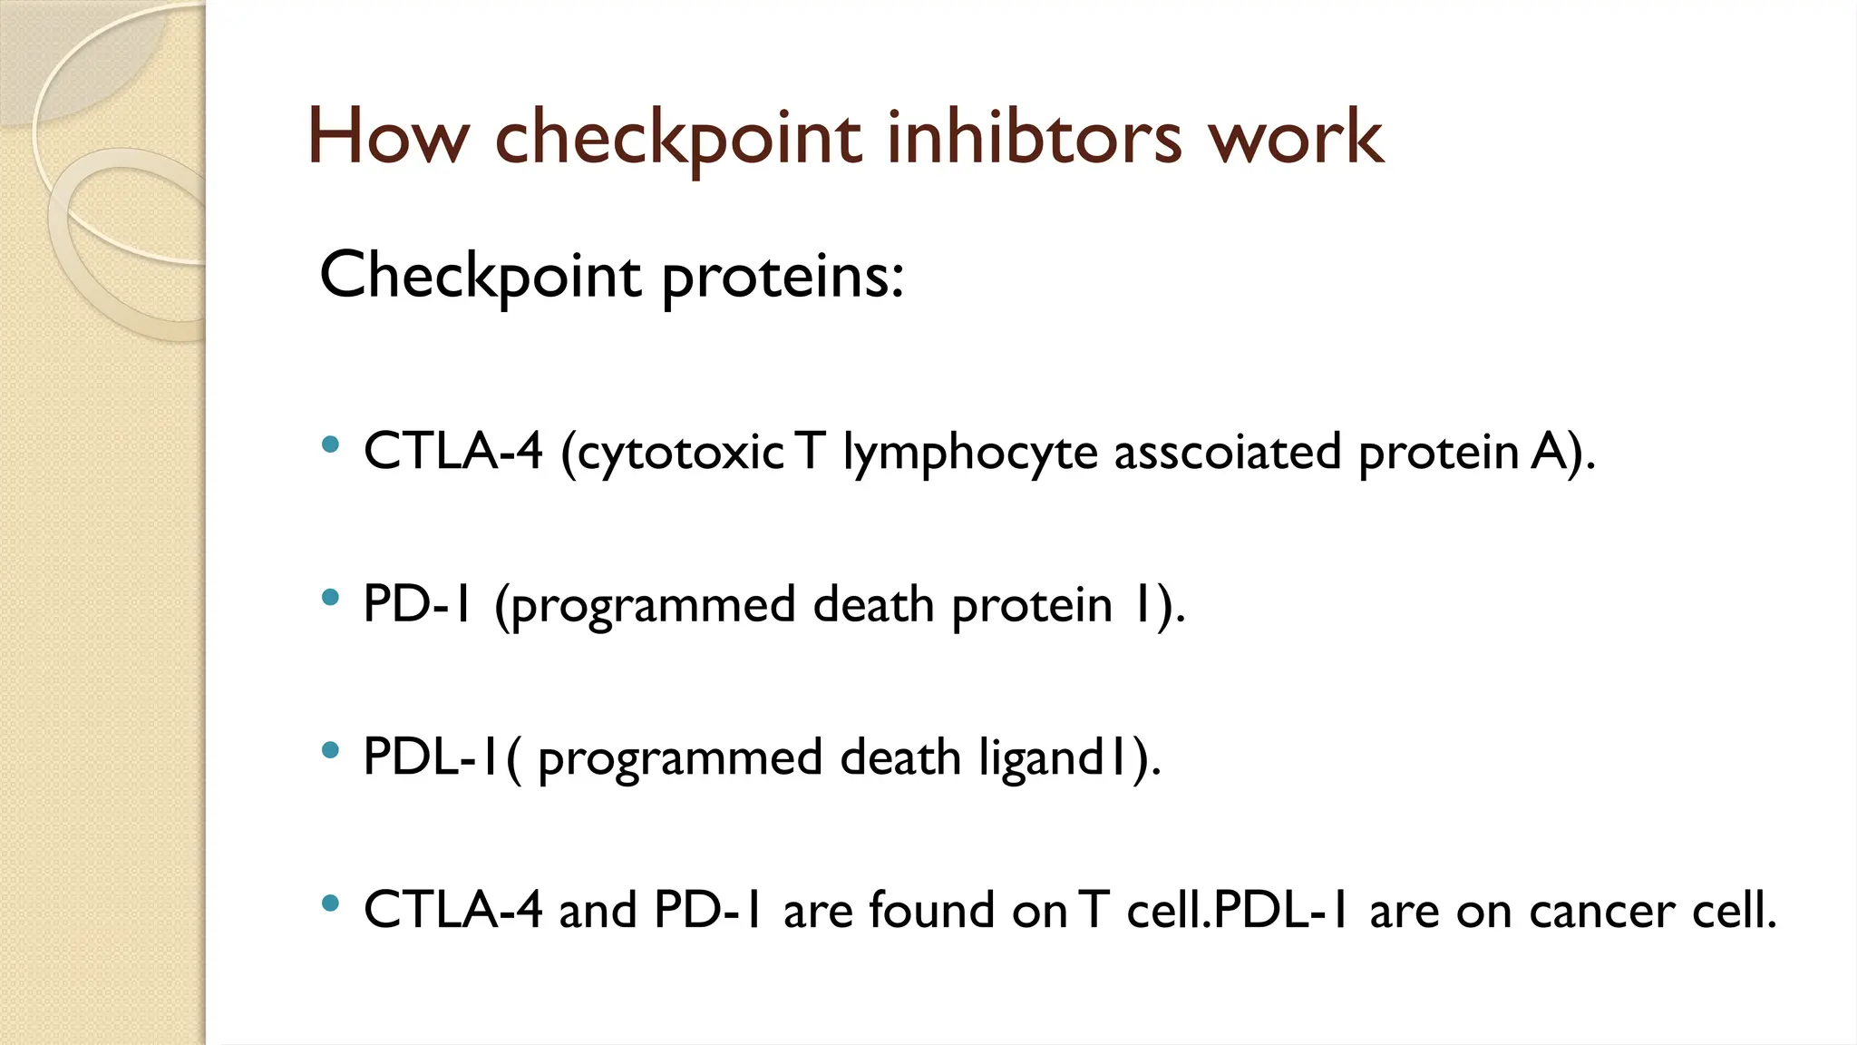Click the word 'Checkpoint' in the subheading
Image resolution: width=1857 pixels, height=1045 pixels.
click(x=481, y=276)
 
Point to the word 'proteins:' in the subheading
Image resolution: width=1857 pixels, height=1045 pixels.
click(x=783, y=276)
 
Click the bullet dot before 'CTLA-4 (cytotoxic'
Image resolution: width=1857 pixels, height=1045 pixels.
click(x=331, y=444)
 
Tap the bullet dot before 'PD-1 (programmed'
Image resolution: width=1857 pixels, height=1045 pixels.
click(x=331, y=598)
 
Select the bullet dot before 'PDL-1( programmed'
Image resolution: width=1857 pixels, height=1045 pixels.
click(x=331, y=750)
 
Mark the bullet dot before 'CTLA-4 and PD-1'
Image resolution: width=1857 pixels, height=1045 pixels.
click(x=331, y=903)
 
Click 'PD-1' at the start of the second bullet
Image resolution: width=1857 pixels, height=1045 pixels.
click(x=417, y=604)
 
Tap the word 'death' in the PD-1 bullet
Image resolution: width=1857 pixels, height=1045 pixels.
click(x=873, y=604)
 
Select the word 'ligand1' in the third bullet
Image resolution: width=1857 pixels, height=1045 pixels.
click(x=1053, y=757)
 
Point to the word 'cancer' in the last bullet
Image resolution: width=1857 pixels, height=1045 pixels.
click(x=1601, y=910)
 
